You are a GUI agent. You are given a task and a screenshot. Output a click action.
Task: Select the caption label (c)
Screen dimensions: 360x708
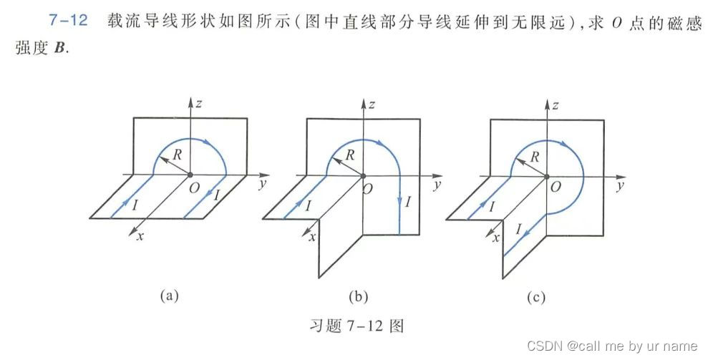tap(542, 295)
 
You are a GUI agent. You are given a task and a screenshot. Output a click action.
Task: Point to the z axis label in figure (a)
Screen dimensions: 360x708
tap(201, 103)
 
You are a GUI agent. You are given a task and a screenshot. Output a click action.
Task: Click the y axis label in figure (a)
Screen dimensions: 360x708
tap(259, 185)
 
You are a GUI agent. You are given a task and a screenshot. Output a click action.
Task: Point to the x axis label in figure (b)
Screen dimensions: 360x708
tap(313, 237)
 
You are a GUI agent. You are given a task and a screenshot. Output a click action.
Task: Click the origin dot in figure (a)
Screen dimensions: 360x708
tap(190, 174)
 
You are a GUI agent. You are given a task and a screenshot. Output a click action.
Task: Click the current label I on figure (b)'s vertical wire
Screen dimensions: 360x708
tap(409, 202)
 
